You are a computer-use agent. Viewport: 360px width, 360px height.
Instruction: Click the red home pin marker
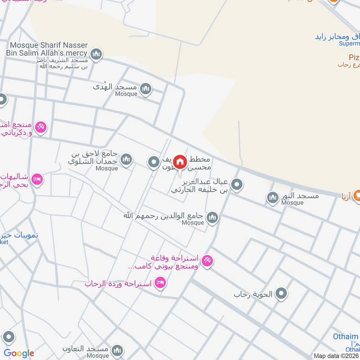click(180, 162)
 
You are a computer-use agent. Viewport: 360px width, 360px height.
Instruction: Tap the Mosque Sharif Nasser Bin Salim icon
click(96, 55)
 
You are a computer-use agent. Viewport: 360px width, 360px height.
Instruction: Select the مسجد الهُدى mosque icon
click(145, 89)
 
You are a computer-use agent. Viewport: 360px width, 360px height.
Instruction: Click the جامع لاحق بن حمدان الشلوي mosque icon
click(126, 159)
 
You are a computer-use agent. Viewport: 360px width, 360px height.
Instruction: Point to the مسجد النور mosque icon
click(272, 198)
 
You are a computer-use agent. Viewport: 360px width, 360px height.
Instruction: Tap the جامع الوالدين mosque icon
click(212, 218)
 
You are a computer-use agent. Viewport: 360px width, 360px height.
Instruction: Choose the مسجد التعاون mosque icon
click(117, 351)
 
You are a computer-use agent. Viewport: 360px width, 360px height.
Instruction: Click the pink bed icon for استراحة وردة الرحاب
click(160, 283)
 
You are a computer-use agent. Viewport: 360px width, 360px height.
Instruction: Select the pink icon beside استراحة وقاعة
click(207, 261)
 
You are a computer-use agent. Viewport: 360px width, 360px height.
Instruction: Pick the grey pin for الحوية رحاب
click(282, 294)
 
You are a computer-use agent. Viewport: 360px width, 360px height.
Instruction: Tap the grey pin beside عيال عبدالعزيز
click(237, 184)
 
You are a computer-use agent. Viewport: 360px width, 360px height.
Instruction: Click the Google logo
click(19, 353)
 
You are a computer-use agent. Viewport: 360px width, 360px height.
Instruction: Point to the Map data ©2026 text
click(336, 355)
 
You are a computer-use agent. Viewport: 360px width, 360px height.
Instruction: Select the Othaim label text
click(346, 337)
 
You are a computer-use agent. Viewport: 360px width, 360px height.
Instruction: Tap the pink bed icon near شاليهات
click(37, 179)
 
